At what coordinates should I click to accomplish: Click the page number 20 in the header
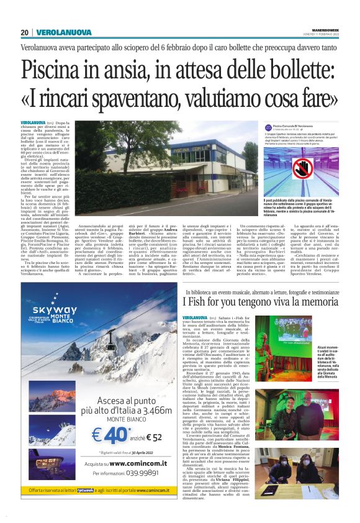click(25, 32)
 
